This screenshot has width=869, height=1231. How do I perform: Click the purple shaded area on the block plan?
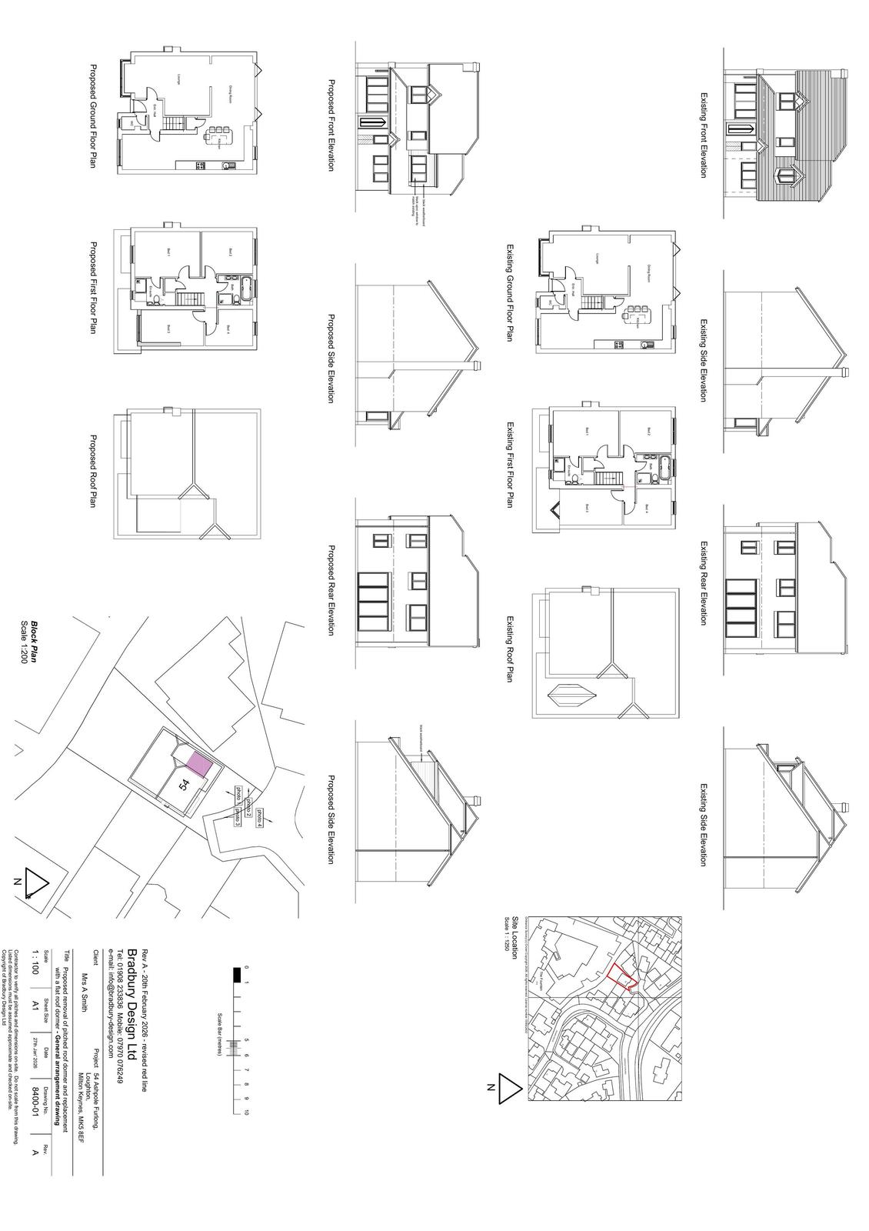click(198, 765)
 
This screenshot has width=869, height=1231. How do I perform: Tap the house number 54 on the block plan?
click(184, 785)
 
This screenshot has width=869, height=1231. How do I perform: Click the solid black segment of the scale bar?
click(237, 975)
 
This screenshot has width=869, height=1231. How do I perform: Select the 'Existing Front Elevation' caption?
click(703, 135)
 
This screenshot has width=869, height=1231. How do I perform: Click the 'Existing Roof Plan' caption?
click(509, 648)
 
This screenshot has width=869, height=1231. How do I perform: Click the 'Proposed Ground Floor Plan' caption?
click(94, 116)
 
